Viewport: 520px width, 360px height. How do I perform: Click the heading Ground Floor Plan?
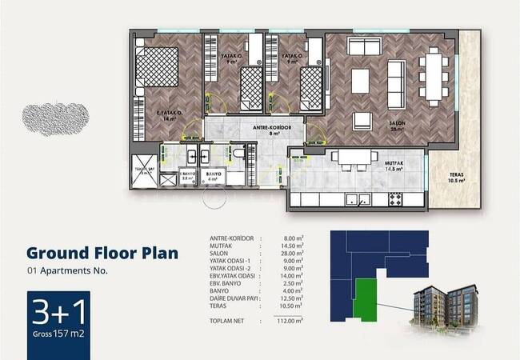pyautogui.click(x=102, y=253)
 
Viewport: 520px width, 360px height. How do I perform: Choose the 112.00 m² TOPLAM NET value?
pyautogui.click(x=290, y=320)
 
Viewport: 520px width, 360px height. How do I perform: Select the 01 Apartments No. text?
pyautogui.click(x=67, y=271)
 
